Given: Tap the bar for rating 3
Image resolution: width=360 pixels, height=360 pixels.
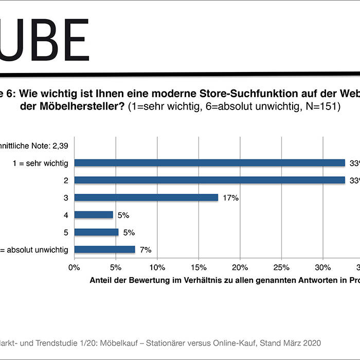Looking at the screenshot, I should (147, 197).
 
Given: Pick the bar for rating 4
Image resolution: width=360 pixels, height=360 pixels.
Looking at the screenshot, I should (94, 215).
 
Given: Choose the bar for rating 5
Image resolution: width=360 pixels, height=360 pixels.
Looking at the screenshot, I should (97, 232).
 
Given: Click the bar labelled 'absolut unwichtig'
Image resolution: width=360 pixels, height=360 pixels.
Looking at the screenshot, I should (105, 249).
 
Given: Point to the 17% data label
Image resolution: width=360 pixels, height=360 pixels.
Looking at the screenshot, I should (230, 197).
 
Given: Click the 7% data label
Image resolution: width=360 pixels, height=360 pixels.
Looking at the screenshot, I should (146, 250).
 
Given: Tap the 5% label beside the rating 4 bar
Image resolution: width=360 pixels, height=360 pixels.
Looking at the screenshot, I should (123, 215).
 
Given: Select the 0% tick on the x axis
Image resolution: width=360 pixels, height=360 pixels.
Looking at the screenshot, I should (75, 267).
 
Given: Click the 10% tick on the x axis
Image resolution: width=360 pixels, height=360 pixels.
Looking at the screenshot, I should (157, 267).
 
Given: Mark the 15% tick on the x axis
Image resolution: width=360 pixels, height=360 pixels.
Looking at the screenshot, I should (199, 267).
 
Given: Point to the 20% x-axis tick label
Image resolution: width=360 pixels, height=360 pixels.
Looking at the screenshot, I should (240, 267).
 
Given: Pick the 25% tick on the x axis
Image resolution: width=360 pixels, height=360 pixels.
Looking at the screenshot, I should (281, 267).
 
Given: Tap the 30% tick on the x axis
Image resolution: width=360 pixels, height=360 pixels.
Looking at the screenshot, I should (322, 267).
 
